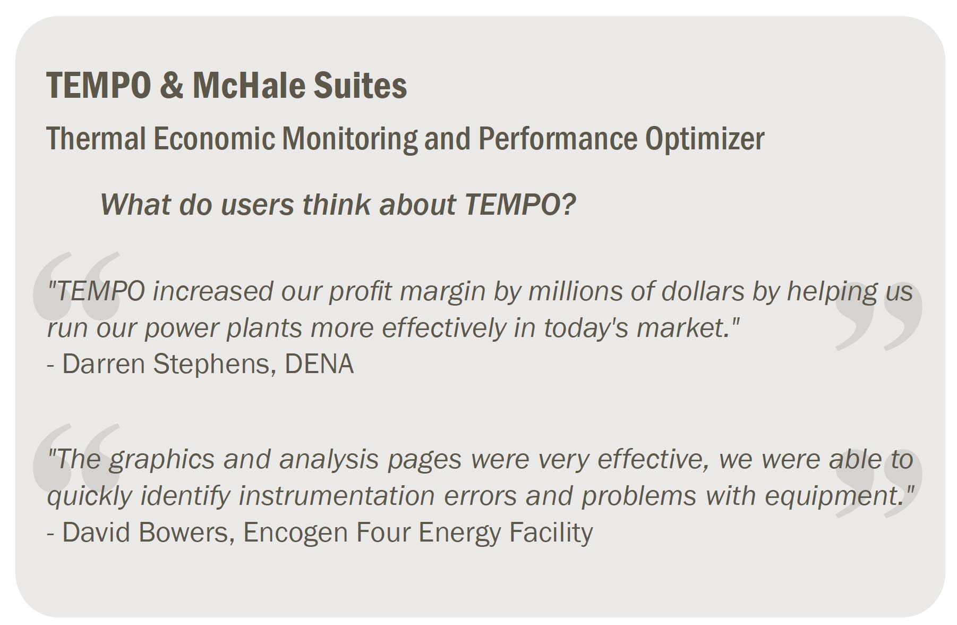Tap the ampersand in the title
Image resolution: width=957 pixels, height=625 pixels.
coord(171,86)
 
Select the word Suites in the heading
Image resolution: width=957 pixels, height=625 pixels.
coord(360,85)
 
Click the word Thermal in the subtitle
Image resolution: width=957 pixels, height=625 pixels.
coord(96,138)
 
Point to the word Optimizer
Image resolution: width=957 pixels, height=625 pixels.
coord(705,139)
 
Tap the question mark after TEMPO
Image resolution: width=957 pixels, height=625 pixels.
coord(569,204)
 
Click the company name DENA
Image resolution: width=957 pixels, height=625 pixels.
coord(319,364)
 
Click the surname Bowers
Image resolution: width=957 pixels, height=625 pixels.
coord(186,533)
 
